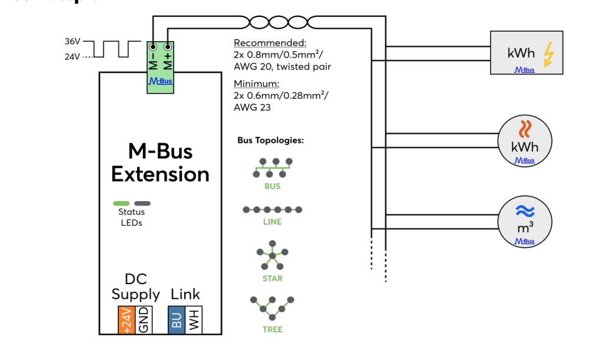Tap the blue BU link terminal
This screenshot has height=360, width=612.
point(177,320)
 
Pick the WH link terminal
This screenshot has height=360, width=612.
point(194,320)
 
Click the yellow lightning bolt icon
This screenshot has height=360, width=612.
point(548,54)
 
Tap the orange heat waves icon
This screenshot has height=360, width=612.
point(525,128)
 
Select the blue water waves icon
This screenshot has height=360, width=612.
point(525,211)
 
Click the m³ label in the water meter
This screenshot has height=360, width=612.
point(525,226)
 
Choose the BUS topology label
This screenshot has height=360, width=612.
point(272,186)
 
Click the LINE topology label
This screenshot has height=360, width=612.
point(272,222)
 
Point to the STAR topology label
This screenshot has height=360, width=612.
point(272,278)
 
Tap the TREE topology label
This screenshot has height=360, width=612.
point(272,329)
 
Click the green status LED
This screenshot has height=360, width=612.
point(121,204)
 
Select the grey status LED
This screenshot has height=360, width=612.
point(142,204)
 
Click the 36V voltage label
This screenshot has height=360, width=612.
point(72,42)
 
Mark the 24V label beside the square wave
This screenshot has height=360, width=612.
point(72,57)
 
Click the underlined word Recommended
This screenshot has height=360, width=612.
point(270,43)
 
